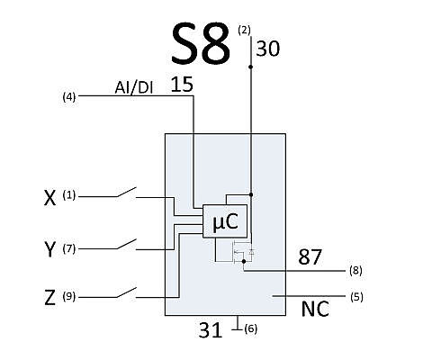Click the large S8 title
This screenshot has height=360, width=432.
click(x=201, y=44)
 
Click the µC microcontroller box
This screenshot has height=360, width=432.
click(x=225, y=221)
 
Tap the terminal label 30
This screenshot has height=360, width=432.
click(x=267, y=49)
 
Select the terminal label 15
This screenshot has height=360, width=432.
click(x=182, y=85)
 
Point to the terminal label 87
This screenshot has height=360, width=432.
click(x=310, y=257)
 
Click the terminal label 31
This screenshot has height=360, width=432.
click(x=211, y=330)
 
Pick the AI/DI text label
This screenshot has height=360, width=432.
click(x=134, y=88)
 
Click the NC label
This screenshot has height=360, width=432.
click(x=315, y=309)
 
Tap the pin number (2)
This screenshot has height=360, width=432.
click(x=244, y=31)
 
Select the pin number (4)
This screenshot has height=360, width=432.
click(x=69, y=97)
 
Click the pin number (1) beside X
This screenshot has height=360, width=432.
click(x=69, y=195)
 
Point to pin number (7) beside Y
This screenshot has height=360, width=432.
click(x=69, y=248)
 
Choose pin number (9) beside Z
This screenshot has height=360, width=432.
click(x=69, y=297)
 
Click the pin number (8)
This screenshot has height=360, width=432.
click(x=355, y=271)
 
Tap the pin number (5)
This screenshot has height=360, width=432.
click(x=356, y=297)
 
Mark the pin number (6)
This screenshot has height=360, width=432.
click(x=251, y=329)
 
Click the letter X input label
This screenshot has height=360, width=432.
click(x=49, y=198)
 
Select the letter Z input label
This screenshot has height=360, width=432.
click(x=49, y=298)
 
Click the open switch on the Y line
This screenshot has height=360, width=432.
click(x=127, y=244)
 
